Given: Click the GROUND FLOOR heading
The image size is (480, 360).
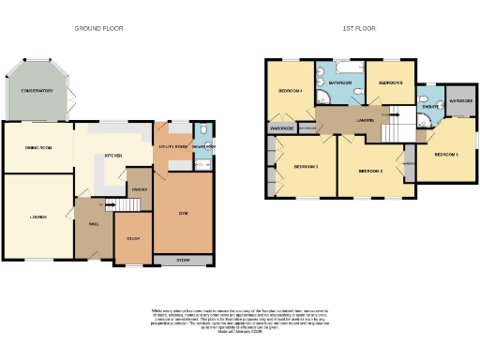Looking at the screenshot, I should tap(98, 29).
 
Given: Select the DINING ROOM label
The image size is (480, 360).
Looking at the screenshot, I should tap(37, 147).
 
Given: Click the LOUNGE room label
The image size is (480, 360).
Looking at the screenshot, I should tap(25, 217).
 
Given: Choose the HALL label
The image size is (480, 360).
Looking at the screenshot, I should tap(94, 225).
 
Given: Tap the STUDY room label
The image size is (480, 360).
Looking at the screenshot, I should tap(133, 239).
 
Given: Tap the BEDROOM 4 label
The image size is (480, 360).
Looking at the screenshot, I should tap(290, 91).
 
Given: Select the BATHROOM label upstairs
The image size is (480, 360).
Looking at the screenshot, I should tap(340, 83).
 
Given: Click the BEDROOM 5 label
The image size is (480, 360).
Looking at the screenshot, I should tap(390, 83).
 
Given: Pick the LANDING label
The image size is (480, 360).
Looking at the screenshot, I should tap(367, 120).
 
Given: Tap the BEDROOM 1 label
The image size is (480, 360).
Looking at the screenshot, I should tap(444, 154).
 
